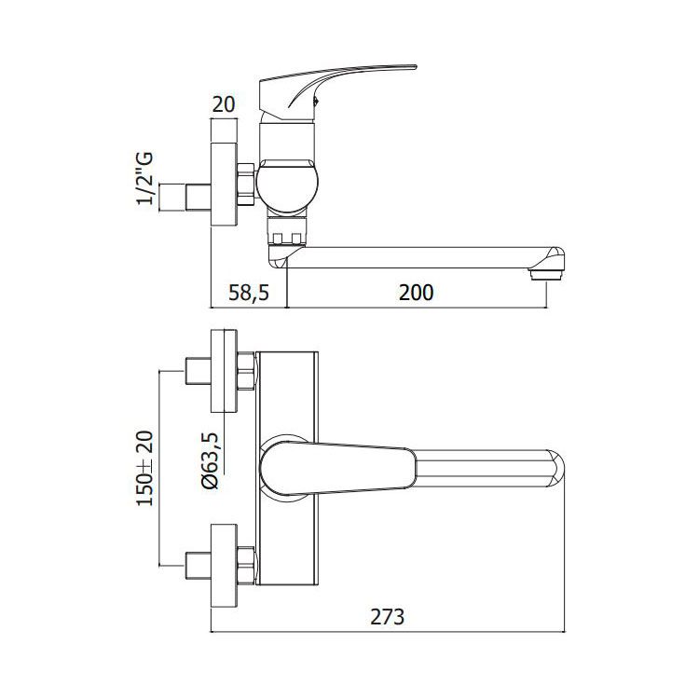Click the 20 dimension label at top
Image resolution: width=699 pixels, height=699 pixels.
(224, 104)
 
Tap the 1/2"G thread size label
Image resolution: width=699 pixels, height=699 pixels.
(144, 178)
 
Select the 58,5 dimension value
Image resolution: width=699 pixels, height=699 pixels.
(249, 293)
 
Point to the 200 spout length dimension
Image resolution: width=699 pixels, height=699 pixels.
(416, 293)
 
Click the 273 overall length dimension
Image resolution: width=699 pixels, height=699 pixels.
(388, 617)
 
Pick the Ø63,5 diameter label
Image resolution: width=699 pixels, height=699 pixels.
(212, 461)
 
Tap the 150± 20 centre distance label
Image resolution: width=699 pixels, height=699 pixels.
(144, 468)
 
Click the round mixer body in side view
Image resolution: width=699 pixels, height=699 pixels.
(288, 185)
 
